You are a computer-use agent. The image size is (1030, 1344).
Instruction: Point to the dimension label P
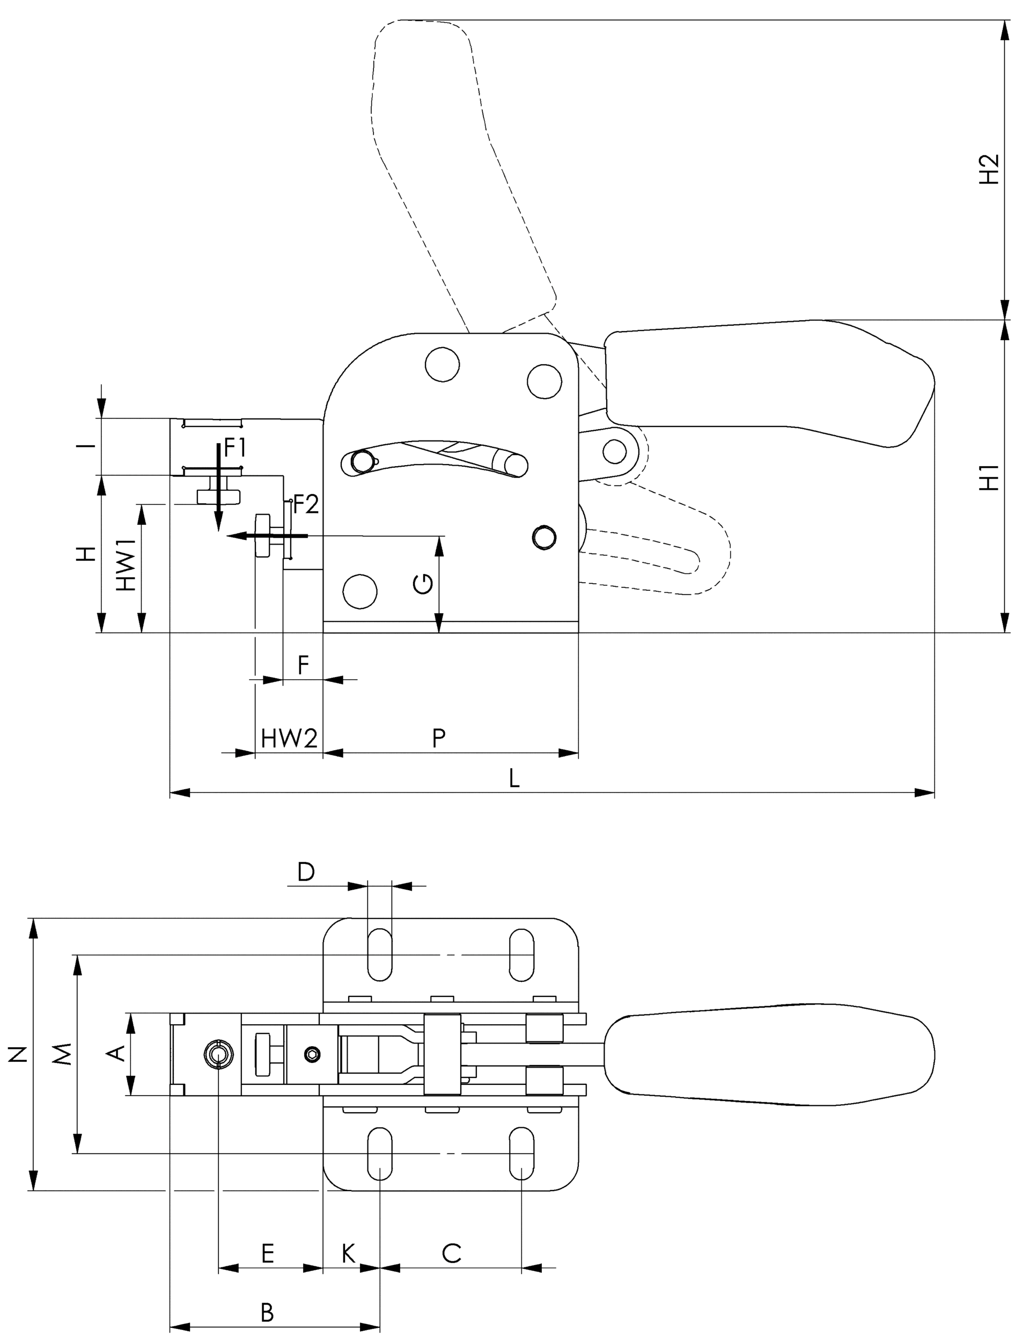438,738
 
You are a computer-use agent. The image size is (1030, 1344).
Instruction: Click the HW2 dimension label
289,738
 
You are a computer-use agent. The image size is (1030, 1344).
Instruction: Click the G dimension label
423,585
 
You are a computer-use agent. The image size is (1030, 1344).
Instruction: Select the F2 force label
305,505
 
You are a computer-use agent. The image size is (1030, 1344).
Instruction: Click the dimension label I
89,446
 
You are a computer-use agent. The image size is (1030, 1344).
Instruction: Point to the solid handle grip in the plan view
769,1055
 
